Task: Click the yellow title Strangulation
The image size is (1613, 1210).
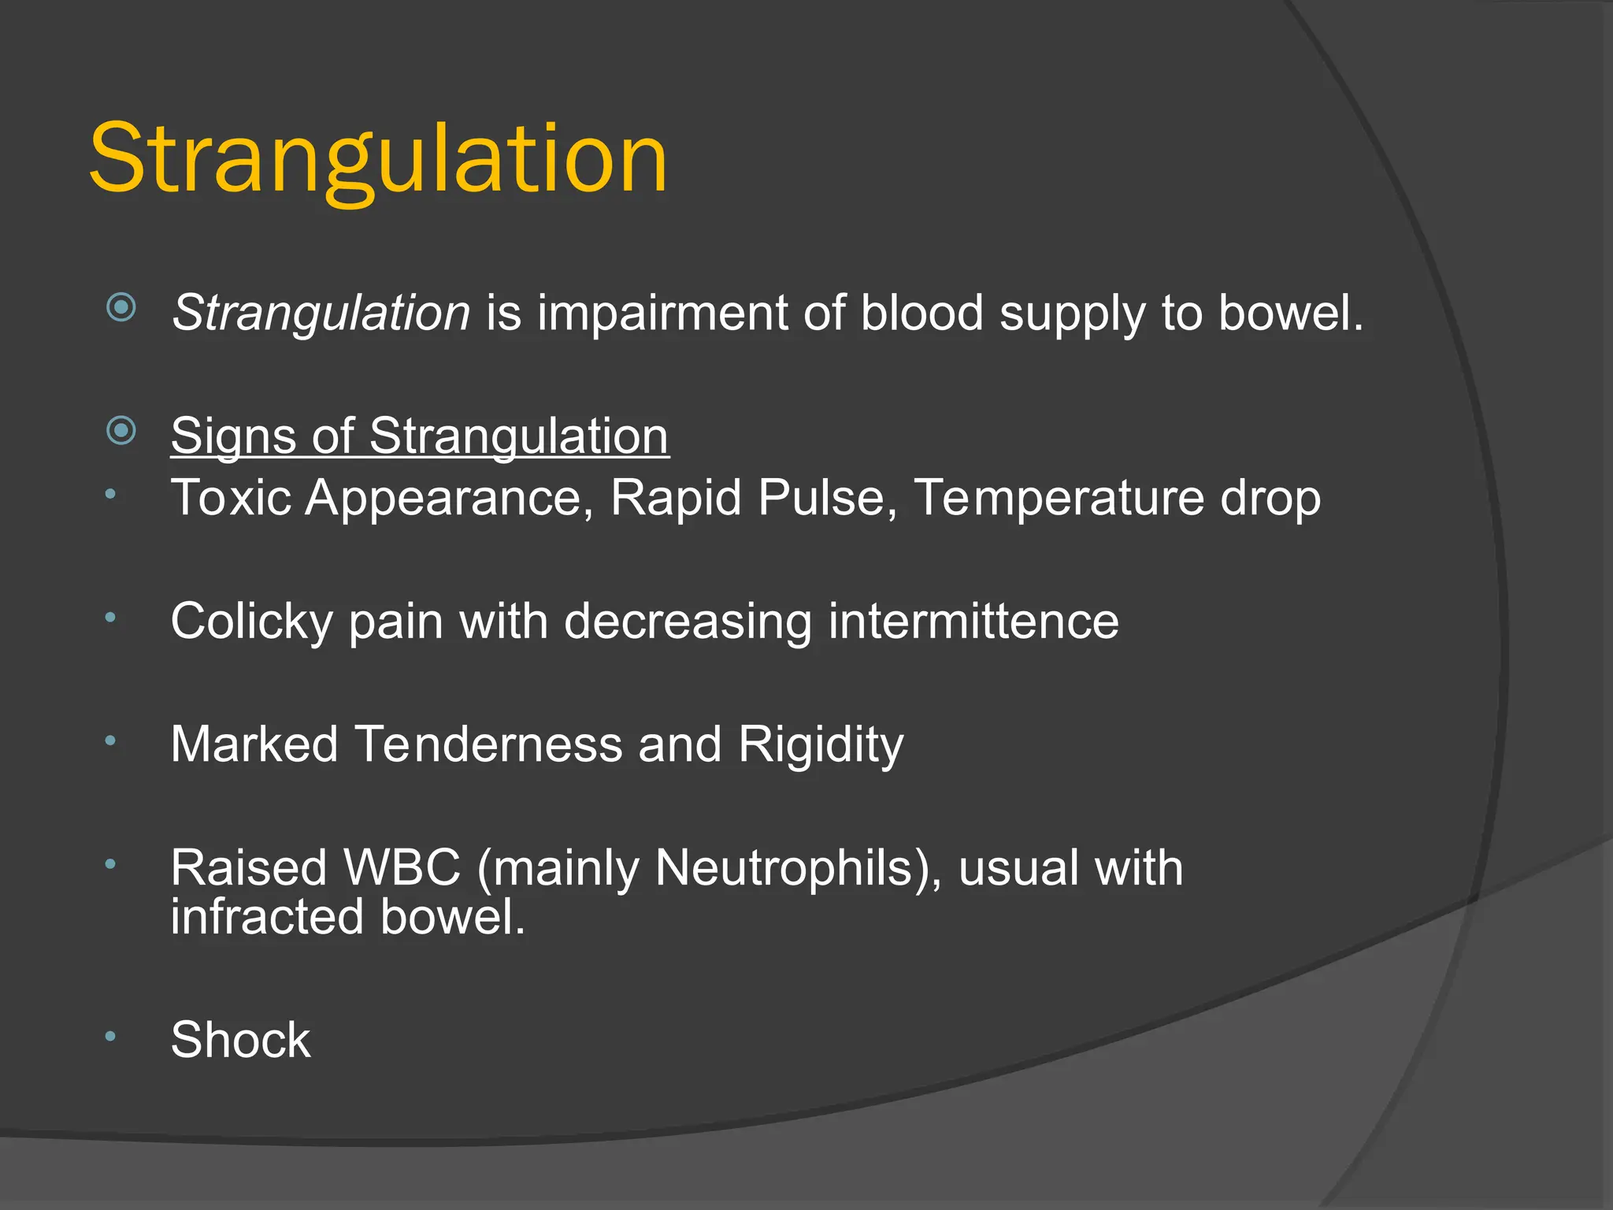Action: coord(378,160)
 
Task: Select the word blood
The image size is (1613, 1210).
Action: coord(921,313)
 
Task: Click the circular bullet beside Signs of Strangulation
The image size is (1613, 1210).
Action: coord(121,430)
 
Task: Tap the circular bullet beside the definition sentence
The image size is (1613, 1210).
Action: coord(121,306)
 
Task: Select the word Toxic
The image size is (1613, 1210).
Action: coord(231,498)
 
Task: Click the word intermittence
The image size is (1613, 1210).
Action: coord(973,621)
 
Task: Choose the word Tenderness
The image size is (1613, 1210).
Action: coord(488,744)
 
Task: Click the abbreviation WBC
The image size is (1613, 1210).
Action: coord(402,868)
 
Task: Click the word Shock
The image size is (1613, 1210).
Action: coord(240,1040)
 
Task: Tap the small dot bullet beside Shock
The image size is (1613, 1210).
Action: coord(111,1036)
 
